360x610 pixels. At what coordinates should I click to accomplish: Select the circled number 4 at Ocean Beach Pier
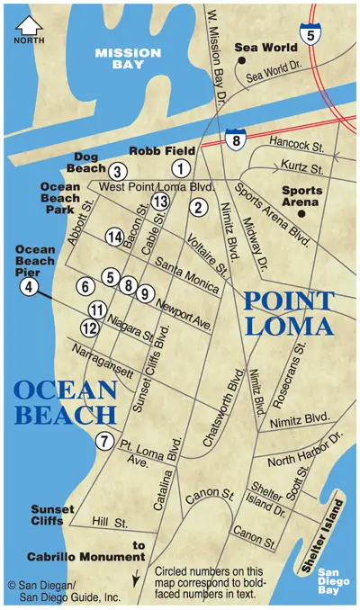(28, 287)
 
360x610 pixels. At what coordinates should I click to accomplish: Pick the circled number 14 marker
(113, 237)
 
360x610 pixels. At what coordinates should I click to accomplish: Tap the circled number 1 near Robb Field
(181, 167)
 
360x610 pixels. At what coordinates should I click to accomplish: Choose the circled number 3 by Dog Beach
(118, 171)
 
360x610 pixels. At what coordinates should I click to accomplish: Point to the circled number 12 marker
(89, 327)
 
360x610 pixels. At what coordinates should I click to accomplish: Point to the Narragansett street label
(103, 360)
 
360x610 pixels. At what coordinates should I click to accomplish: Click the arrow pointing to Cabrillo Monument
(138, 574)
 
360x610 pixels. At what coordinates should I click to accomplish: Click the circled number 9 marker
(143, 293)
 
